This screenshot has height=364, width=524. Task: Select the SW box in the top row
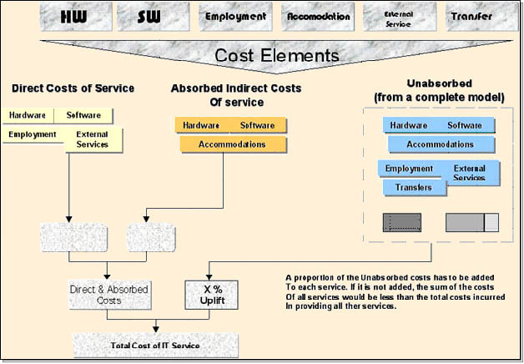click(x=151, y=16)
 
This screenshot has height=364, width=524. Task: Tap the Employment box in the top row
click(x=234, y=16)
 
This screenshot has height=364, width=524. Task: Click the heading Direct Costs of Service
click(x=73, y=88)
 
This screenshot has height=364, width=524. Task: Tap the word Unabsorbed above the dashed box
click(x=440, y=84)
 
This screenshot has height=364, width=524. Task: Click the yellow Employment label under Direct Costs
click(x=33, y=134)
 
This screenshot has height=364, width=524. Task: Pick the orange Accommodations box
click(x=232, y=144)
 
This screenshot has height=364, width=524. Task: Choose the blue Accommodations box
click(x=440, y=144)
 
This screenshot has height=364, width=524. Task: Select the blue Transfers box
click(x=414, y=188)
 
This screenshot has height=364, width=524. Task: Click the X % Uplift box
click(x=207, y=294)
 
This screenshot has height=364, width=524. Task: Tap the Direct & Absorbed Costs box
click(x=108, y=294)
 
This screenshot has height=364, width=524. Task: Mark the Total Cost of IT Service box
click(x=156, y=344)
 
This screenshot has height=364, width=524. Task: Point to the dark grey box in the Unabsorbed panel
click(x=402, y=222)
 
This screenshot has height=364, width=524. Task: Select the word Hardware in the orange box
click(x=201, y=125)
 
